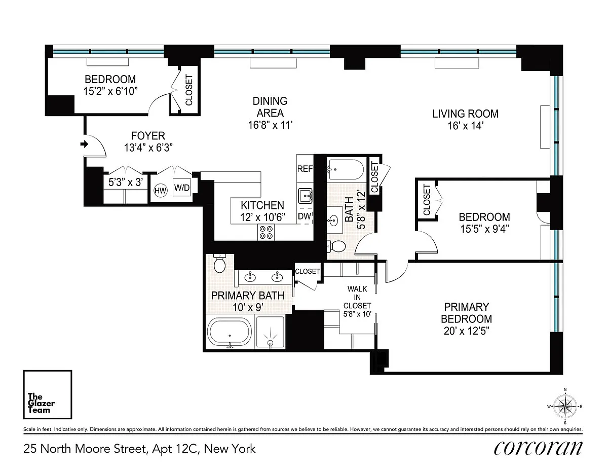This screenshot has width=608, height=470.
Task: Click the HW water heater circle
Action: coord(160,191)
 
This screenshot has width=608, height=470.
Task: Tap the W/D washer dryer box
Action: coord(182,187)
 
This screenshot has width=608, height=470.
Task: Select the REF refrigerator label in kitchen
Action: coord(305,169)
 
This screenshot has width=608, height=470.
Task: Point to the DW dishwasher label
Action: coord(305,216)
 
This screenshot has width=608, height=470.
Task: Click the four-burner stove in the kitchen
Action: coord(266,232)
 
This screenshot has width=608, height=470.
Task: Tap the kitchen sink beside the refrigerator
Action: coord(305,196)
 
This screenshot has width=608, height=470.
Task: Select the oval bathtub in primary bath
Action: coord(230,333)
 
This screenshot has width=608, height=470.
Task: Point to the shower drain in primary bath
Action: coord(270,342)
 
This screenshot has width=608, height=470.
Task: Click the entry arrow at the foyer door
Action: coord(84,144)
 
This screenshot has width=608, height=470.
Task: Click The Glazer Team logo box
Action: coord(48,394)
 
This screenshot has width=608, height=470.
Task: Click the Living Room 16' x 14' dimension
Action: coord(466,126)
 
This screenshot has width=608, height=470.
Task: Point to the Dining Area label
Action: coord(270,107)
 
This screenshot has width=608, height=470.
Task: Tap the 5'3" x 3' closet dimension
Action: coord(126,183)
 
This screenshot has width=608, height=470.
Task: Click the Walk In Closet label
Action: coord(357,297)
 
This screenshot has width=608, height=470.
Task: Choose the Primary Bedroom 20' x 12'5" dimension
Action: coord(467,331)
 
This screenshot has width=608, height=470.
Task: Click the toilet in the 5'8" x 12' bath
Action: coord(336,246)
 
